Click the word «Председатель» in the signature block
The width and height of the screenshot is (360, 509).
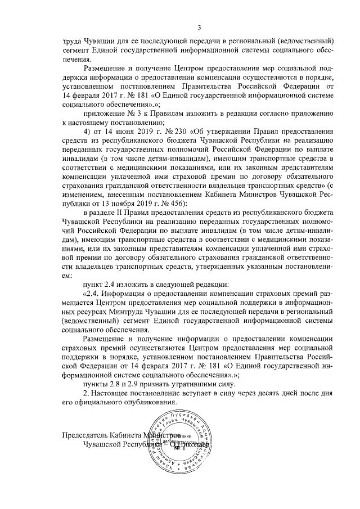click(x=88, y=436)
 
